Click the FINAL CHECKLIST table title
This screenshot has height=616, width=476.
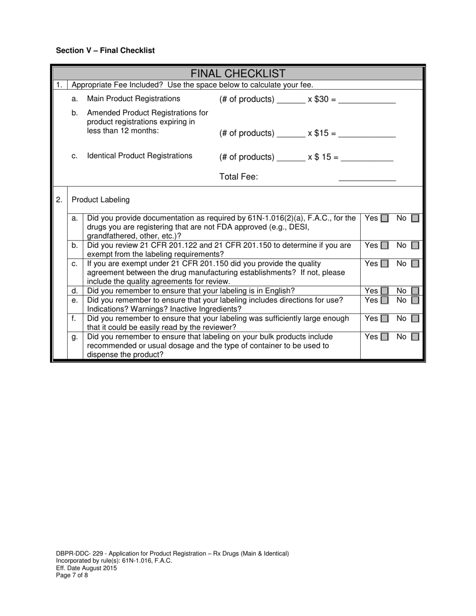point(239,74)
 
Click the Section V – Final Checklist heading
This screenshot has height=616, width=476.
point(105,51)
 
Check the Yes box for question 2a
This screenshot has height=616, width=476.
point(384,218)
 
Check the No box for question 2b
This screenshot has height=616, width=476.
point(415,246)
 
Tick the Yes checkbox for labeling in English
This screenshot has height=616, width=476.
point(384,291)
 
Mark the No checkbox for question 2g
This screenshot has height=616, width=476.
point(415,337)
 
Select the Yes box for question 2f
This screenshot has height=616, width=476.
point(384,319)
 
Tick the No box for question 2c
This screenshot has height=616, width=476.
point(415,264)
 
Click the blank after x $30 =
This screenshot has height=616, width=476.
point(367,100)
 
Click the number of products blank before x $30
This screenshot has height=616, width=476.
point(291,100)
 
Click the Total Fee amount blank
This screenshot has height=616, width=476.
point(367,177)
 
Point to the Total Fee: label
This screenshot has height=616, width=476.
point(239,177)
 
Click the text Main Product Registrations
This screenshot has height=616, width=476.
point(133,99)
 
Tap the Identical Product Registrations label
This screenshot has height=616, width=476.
point(139,156)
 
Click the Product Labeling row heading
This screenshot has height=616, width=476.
point(101,200)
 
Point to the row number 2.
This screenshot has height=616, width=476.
point(59,200)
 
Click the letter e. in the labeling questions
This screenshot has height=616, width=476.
point(75,300)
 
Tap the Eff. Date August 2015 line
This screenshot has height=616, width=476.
point(86,568)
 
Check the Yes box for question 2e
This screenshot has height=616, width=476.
point(384,300)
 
